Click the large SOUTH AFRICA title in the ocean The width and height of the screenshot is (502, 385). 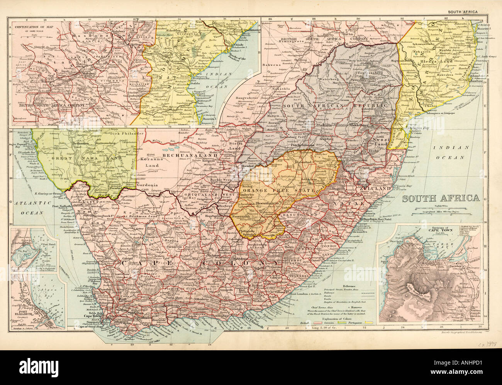pyautogui.click(x=441, y=198)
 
